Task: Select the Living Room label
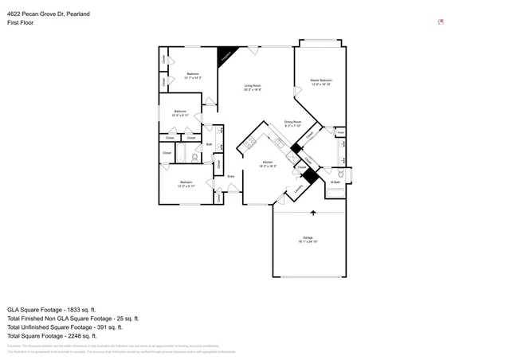pos(252,88)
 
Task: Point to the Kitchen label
pos(268,164)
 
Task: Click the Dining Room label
pos(293,123)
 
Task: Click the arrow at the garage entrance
pos(312,213)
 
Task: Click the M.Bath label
pos(335,182)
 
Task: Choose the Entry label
pos(231,176)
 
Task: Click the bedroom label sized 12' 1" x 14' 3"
pos(192,76)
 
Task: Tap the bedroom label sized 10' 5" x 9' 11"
pos(181,113)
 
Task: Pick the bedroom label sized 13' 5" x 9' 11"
pos(186,184)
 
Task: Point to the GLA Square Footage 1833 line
pos(51,309)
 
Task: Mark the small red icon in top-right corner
pos(441,22)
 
